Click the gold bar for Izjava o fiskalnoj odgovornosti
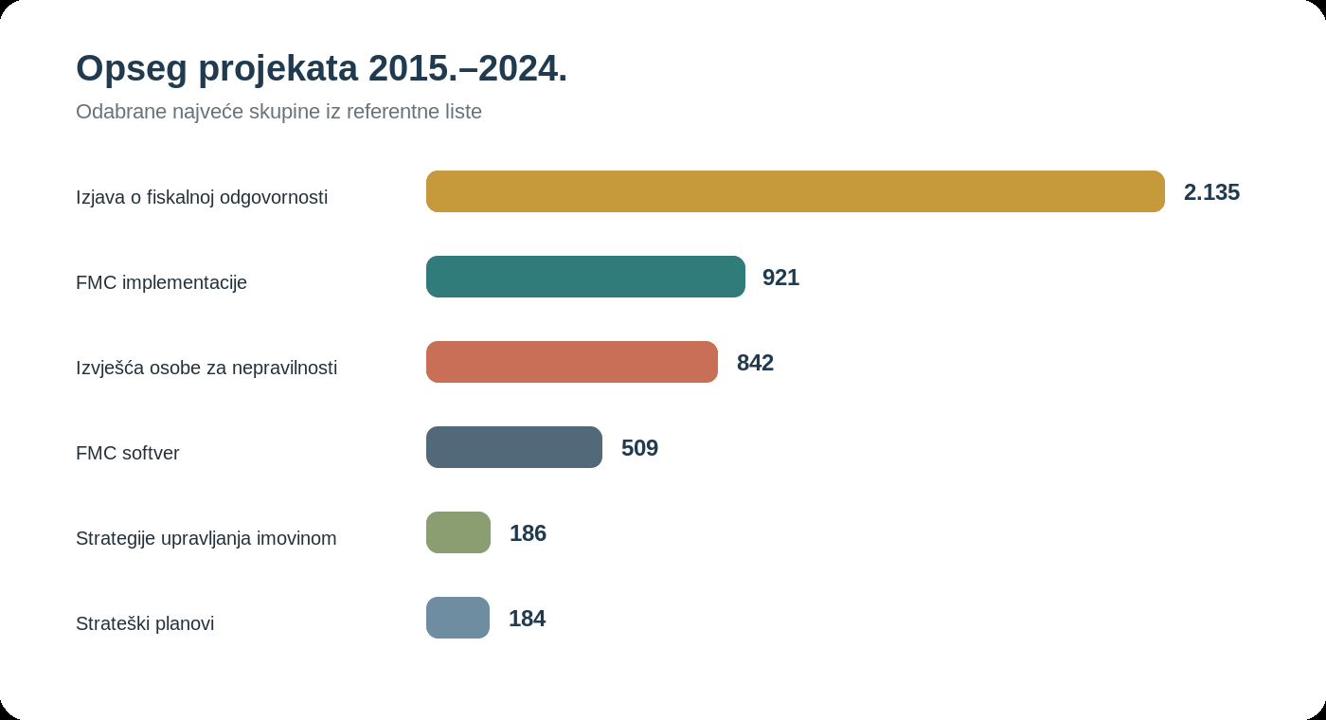(x=796, y=191)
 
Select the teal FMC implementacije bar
(x=585, y=277)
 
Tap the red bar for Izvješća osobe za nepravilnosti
(x=572, y=362)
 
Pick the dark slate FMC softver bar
(x=513, y=447)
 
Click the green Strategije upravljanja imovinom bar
(x=458, y=532)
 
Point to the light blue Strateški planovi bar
(x=457, y=618)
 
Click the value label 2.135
(x=1211, y=192)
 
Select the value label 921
(x=780, y=278)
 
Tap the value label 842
(x=755, y=363)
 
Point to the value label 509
(x=639, y=448)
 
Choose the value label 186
(x=528, y=533)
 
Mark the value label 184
(x=527, y=619)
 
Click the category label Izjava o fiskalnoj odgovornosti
(x=201, y=197)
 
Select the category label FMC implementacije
(x=161, y=282)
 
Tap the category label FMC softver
(x=127, y=453)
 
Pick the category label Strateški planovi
(x=144, y=623)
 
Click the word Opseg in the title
(x=132, y=69)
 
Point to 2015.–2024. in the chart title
(x=468, y=68)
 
